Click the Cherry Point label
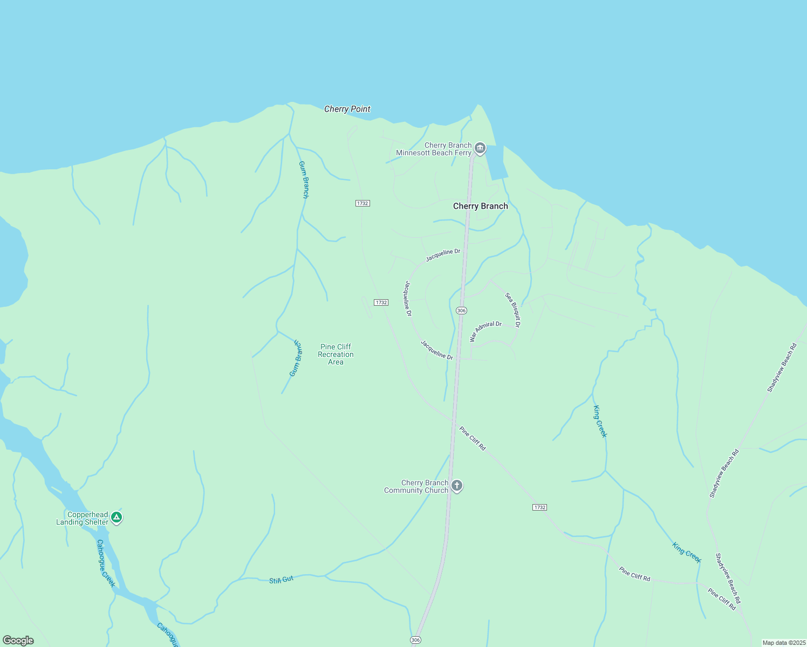(x=347, y=109)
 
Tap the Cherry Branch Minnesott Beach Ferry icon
(x=480, y=149)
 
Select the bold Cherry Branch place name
(x=480, y=206)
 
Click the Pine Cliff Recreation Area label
(x=336, y=354)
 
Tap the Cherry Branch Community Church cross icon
(x=456, y=486)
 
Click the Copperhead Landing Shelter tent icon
(x=116, y=518)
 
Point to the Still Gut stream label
(x=281, y=580)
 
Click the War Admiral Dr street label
(x=485, y=331)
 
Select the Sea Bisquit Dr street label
(x=512, y=310)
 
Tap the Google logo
(x=18, y=640)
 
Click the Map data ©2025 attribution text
(x=784, y=643)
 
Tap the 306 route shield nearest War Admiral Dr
(x=461, y=311)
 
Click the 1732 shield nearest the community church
(x=539, y=507)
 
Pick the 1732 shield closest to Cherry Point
(x=363, y=203)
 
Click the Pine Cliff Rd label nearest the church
(x=473, y=438)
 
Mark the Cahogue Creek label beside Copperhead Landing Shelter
(x=106, y=563)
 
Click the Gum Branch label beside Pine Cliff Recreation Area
(x=296, y=358)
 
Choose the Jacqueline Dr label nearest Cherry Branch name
(x=443, y=255)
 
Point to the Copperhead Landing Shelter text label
(x=83, y=518)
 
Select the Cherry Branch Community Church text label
(x=416, y=486)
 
